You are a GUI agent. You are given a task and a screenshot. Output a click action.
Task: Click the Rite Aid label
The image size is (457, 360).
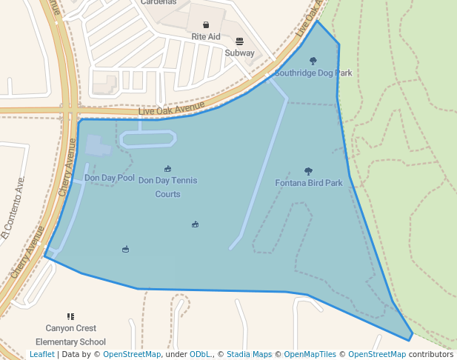click(x=206, y=36)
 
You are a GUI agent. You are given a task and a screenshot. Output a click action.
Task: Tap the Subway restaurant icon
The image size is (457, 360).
click(x=239, y=41)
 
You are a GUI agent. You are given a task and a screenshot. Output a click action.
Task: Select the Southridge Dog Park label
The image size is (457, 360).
click(x=313, y=73)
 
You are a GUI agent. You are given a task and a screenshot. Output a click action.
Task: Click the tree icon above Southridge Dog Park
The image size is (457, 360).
click(x=313, y=61)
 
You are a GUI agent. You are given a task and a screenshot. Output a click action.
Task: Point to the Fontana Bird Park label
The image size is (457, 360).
click(x=309, y=183)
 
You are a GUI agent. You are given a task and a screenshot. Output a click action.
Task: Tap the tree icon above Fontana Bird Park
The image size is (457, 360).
click(x=308, y=171)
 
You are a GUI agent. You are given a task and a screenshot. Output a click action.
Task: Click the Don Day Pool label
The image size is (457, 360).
click(x=110, y=178)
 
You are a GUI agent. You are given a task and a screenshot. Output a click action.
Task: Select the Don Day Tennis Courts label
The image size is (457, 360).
click(x=167, y=187)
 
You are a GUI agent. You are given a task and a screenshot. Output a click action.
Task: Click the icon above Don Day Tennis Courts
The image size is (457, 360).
click(x=167, y=169)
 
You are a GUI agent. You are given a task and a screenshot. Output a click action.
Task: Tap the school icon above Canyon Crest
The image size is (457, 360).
click(x=70, y=316)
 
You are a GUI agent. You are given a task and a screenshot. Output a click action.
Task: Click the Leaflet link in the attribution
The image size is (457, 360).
click(x=41, y=355)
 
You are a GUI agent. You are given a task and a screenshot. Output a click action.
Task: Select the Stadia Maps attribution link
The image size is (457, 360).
click(x=249, y=355)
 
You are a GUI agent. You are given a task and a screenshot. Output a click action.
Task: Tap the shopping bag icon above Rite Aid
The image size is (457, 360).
click(x=206, y=25)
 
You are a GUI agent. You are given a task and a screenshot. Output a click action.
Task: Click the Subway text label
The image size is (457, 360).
click(x=239, y=53)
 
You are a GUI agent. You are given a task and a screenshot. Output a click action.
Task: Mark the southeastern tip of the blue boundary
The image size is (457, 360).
click(x=410, y=340)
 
